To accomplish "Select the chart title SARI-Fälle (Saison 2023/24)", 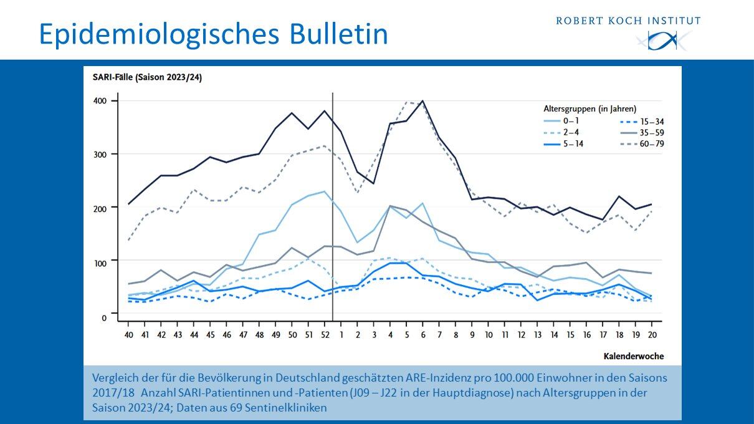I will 143,78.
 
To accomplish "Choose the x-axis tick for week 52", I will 324,335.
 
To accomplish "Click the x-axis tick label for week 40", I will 128,335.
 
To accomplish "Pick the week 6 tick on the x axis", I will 422,335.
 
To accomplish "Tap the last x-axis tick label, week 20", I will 652,335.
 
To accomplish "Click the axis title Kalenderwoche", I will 633,357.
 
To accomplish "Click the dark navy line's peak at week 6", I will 422,101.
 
